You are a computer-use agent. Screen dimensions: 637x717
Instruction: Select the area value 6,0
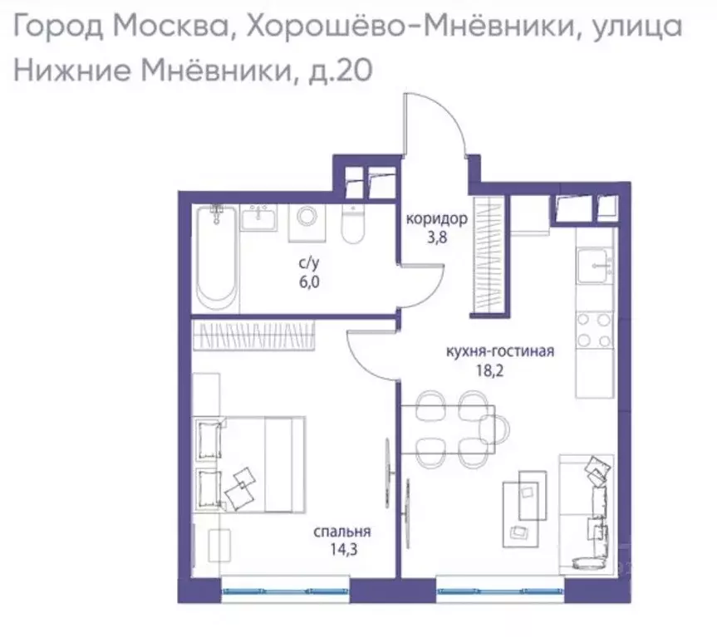[x=310, y=281]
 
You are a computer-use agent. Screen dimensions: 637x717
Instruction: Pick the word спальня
[x=342, y=532]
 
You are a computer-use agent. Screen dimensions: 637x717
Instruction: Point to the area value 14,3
[x=342, y=551]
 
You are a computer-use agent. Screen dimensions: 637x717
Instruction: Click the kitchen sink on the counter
[x=595, y=266]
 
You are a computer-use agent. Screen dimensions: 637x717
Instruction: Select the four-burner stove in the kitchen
[x=595, y=329]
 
